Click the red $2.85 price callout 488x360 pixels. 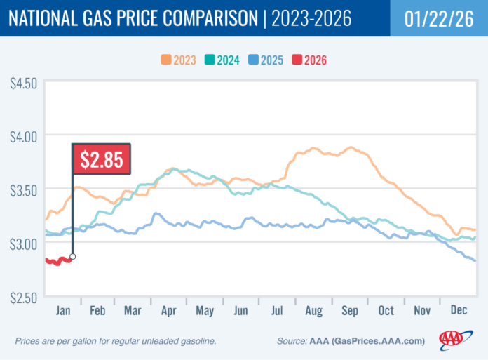(102, 159)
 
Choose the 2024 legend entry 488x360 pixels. (229, 60)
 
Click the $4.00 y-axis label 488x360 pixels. (23, 135)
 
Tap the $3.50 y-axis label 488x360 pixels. (23, 189)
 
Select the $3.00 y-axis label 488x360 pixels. (23, 243)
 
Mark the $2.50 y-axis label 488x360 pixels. (23, 297)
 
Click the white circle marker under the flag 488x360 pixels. (73, 257)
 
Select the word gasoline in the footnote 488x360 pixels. (195, 341)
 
